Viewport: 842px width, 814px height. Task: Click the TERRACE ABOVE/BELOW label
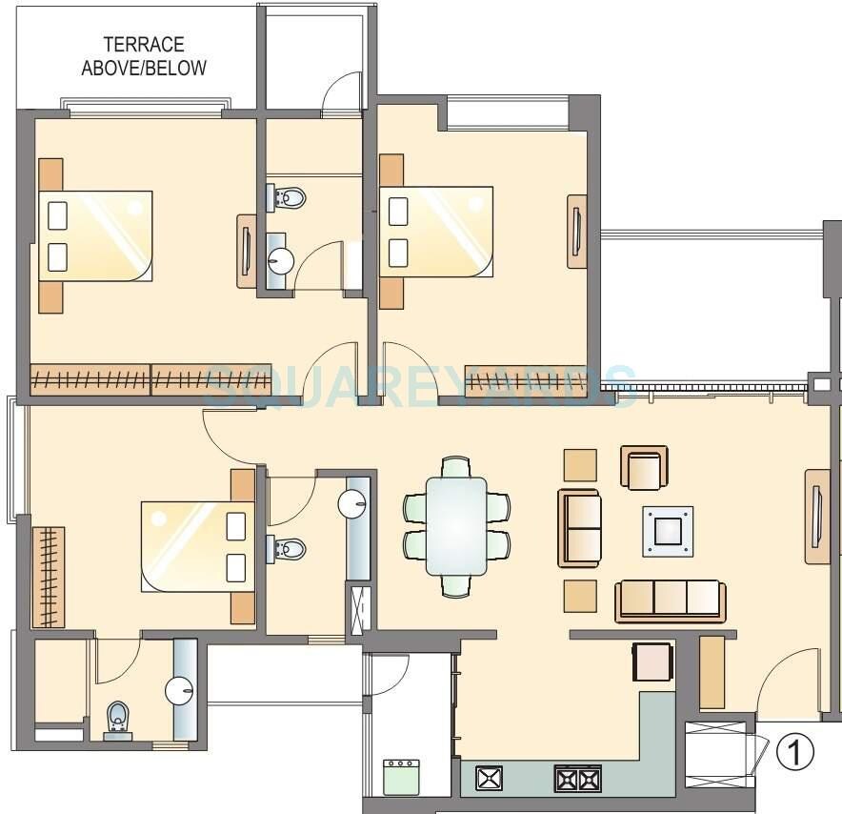tap(143, 56)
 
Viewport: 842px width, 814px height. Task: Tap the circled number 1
tap(795, 753)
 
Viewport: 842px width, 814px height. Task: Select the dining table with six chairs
tap(455, 526)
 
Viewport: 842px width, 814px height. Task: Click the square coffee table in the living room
tap(667, 531)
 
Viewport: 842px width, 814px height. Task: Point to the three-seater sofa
tap(670, 600)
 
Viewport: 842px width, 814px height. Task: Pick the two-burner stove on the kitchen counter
tap(576, 779)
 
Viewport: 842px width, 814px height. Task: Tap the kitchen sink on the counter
tap(489, 779)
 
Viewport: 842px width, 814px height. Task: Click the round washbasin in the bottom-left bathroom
tap(179, 689)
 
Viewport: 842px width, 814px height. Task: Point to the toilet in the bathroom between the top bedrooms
tap(290, 198)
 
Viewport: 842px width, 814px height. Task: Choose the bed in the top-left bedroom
tap(95, 235)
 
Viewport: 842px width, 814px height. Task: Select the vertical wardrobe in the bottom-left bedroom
tap(48, 577)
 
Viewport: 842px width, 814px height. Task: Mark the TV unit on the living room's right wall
tap(816, 518)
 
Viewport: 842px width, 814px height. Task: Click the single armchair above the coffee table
tap(645, 468)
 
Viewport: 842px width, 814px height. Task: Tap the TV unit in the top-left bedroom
tap(246, 251)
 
